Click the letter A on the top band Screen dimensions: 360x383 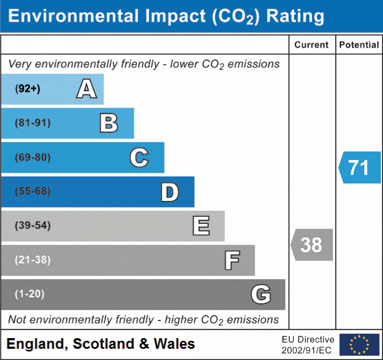coord(86,89)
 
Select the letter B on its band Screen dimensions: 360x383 coord(109,123)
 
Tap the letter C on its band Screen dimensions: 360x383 coord(139,157)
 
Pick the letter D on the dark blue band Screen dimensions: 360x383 coord(169,192)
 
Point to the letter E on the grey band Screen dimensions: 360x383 coord(201,226)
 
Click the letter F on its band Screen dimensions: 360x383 coord(232,260)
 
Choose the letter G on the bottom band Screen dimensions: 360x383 coord(261,294)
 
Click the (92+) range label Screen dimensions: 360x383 coord(28,89)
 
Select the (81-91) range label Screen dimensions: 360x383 coord(32,123)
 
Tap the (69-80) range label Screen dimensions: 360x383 coord(32,157)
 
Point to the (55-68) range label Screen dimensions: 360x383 coord(32,191)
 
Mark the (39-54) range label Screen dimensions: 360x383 coord(32,226)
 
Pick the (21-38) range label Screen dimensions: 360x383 coord(32,260)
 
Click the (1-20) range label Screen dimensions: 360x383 coord(29,294)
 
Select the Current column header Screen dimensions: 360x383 coord(312,45)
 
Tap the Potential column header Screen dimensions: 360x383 coord(359,45)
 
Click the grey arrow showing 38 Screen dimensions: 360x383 coord(312,245)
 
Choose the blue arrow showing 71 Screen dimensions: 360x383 coord(360,167)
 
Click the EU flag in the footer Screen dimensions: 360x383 coord(359,345)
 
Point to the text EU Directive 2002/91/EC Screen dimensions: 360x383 coord(308,345)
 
